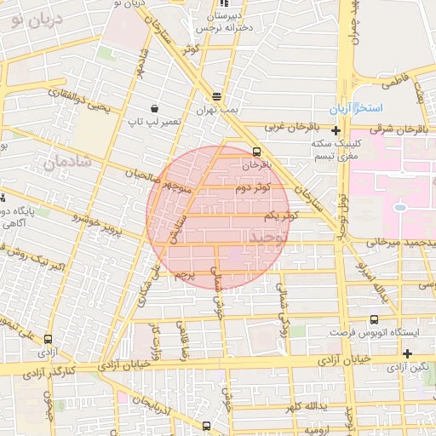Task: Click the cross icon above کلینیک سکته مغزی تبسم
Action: (337, 131)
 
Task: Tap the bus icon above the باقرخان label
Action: (256, 152)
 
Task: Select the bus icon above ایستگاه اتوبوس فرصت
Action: (374, 320)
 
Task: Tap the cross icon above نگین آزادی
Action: (408, 353)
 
